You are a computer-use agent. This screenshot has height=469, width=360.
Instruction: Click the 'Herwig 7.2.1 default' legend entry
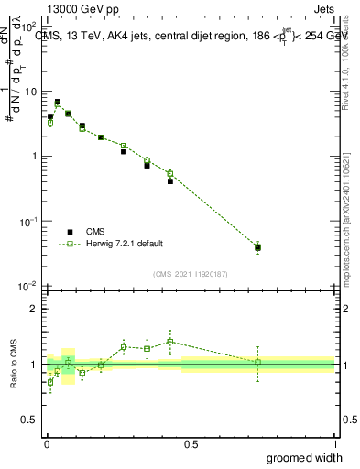coord(125,244)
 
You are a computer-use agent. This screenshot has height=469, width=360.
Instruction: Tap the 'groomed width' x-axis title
coord(304,457)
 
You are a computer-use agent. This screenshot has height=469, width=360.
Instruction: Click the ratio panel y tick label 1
coord(33,365)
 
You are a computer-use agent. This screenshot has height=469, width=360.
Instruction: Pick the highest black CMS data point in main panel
coord(58,103)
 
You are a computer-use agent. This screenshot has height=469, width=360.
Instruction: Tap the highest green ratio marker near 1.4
coord(170,342)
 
